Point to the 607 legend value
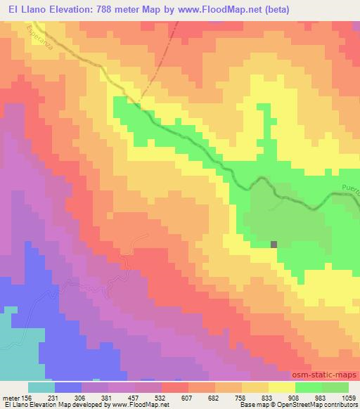189,397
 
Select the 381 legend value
109,397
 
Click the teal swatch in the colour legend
41,387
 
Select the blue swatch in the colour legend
67,387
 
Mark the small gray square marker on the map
274,244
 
